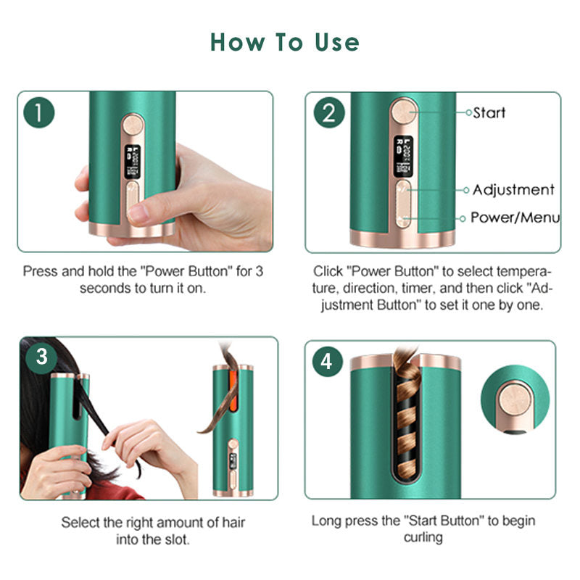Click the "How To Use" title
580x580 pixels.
click(285, 42)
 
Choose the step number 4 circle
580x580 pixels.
click(328, 360)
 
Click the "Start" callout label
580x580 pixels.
click(489, 112)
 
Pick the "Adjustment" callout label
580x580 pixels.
click(513, 190)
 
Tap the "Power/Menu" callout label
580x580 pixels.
click(515, 217)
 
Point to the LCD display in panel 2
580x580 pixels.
click(401, 156)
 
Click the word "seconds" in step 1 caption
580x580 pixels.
click(101, 288)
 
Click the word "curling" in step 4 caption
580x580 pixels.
click(423, 537)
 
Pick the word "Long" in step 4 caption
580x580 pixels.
click(327, 521)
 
